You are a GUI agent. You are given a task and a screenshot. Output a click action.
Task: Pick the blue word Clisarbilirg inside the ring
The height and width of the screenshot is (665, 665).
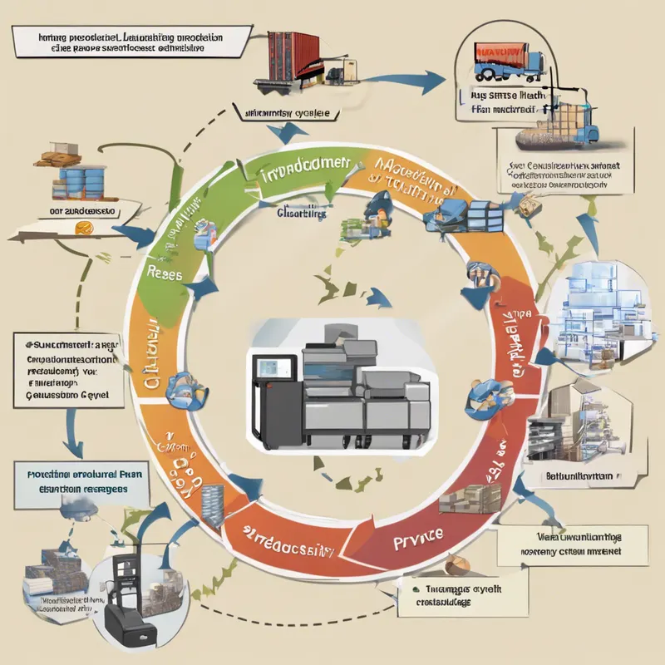302,213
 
